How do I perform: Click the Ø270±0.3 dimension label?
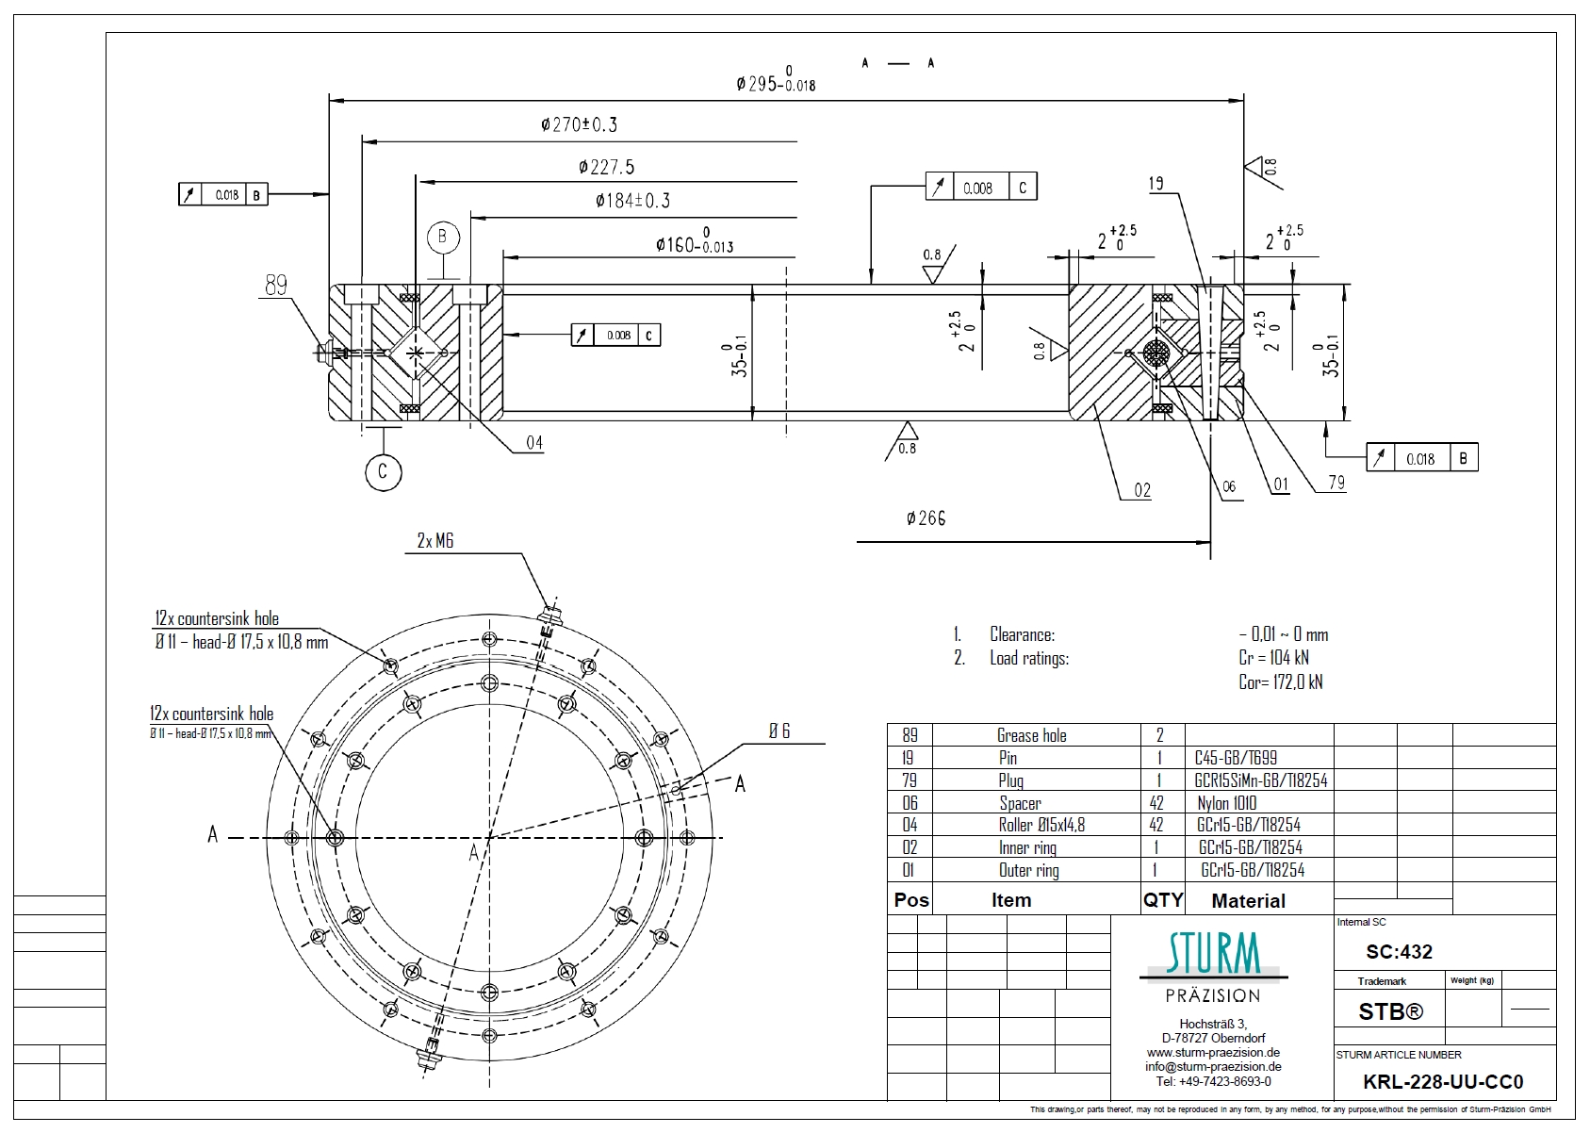point(579,124)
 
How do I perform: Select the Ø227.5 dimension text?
point(606,167)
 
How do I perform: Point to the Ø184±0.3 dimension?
point(632,200)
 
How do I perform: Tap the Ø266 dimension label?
point(925,518)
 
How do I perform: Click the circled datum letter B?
point(443,237)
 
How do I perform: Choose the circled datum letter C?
point(383,471)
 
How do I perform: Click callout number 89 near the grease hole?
point(275,285)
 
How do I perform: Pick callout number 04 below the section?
point(534,442)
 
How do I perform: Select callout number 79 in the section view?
point(1336,483)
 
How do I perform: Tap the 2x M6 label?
point(434,541)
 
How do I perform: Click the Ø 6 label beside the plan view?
point(779,731)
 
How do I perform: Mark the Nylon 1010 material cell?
point(1226,803)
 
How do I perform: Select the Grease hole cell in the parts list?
point(1031,735)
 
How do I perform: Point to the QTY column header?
point(1162,900)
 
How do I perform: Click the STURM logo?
point(1213,954)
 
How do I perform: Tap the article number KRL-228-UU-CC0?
point(1443,1082)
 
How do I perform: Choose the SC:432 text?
point(1399,952)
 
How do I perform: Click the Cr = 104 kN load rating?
point(1273,658)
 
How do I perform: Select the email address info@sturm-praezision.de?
point(1213,1067)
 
